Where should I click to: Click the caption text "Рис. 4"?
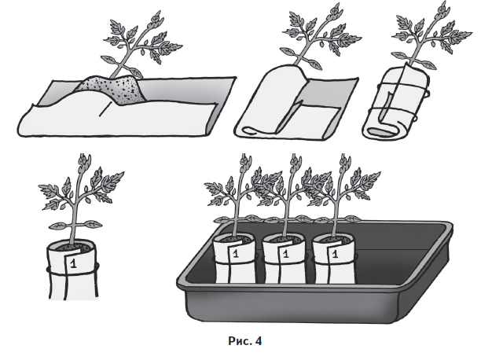pyautogui.click(x=244, y=340)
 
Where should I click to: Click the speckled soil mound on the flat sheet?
pyautogui.click(x=111, y=89)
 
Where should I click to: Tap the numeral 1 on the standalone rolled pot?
pyautogui.click(x=73, y=263)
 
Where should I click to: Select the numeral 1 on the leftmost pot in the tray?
pyautogui.click(x=236, y=254)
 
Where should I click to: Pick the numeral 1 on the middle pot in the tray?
pyautogui.click(x=285, y=254)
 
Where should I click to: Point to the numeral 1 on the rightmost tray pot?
pyautogui.click(x=335, y=254)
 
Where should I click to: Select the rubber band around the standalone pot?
pyautogui.click(x=73, y=270)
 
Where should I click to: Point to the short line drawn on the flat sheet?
pyautogui.click(x=105, y=109)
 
